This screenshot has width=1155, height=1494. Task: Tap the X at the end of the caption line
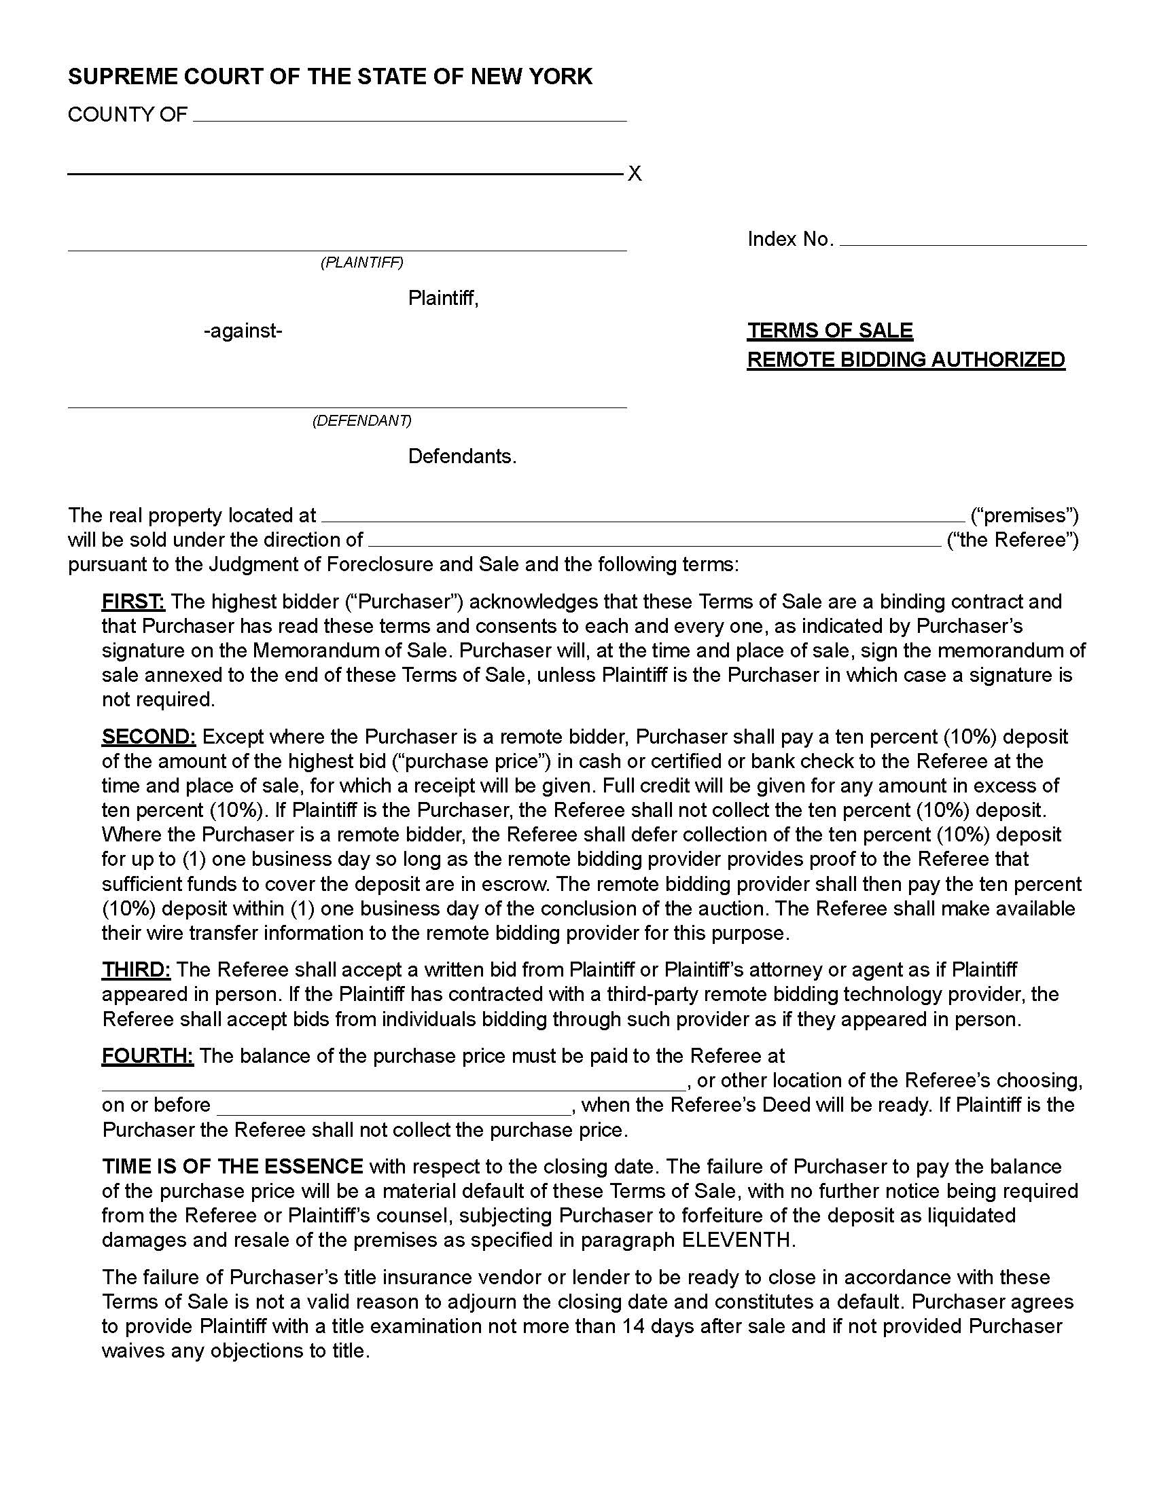(x=635, y=174)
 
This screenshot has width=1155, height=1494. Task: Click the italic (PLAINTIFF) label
(x=362, y=263)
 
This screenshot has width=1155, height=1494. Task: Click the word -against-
(x=243, y=331)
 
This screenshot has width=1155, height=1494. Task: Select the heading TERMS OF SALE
(x=830, y=331)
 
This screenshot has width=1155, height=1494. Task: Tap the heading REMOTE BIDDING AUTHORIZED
(x=905, y=360)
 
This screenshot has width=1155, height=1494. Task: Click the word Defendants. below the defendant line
(x=462, y=456)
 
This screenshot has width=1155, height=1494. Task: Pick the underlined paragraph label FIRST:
(x=132, y=602)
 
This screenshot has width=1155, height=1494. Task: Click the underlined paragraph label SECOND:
(x=149, y=737)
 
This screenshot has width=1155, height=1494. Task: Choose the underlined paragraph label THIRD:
(x=136, y=969)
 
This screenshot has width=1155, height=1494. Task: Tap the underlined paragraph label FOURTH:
(x=148, y=1055)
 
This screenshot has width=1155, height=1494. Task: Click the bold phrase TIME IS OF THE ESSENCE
(x=232, y=1166)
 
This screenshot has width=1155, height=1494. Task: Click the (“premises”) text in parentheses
(x=1025, y=515)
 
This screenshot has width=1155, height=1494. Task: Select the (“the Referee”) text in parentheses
(x=1012, y=540)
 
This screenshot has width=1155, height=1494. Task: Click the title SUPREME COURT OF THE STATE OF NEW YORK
(x=330, y=77)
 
